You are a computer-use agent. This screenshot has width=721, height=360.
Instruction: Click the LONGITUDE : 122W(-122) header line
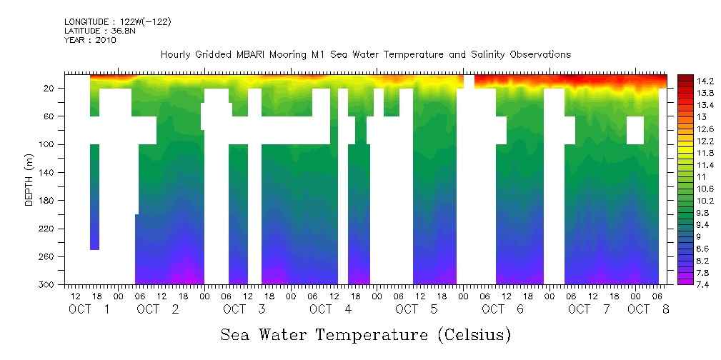coord(117,22)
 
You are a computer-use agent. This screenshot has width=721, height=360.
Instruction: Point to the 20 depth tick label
coord(49,88)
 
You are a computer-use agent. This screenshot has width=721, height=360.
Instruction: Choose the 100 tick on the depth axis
coord(48,144)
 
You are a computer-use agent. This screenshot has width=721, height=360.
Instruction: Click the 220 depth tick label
coord(48,229)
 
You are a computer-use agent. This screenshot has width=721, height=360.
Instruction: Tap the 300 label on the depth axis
coord(48,285)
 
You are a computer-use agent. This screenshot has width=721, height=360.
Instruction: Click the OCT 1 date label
coord(89,309)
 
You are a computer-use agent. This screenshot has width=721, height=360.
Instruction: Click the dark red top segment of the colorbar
coord(685,78)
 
